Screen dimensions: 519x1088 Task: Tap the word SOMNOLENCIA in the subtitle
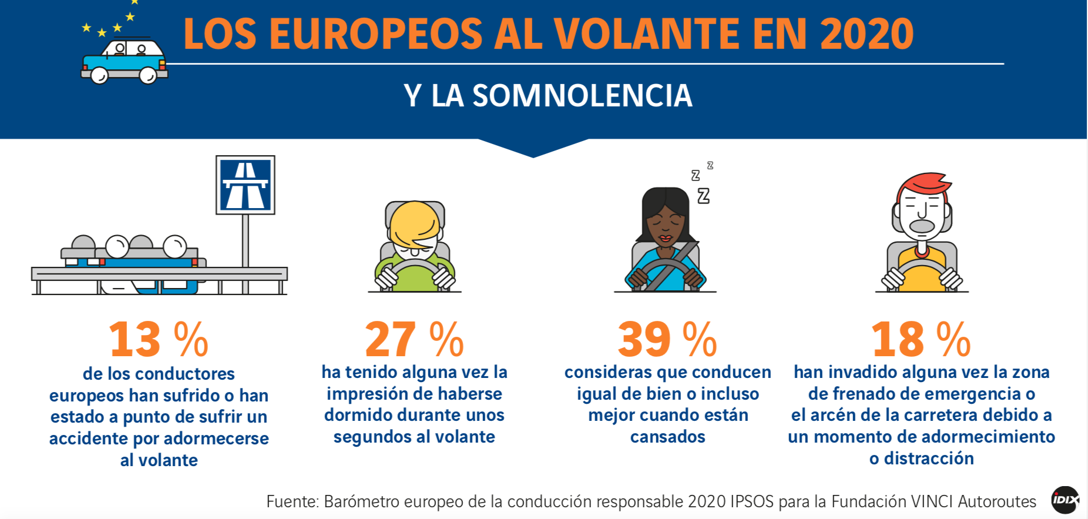click(x=582, y=96)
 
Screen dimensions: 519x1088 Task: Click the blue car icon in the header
click(x=124, y=62)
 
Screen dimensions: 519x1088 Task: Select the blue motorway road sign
click(x=246, y=185)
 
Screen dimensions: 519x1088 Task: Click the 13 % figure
click(x=159, y=340)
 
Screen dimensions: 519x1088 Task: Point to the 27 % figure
click(x=414, y=340)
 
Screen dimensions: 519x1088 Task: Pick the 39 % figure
click(x=667, y=340)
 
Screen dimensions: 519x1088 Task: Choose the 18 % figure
click(x=921, y=340)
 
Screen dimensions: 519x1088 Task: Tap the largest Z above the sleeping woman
click(x=703, y=196)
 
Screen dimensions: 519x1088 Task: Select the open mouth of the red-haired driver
click(x=922, y=226)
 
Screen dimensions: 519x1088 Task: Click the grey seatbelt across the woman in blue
click(x=671, y=267)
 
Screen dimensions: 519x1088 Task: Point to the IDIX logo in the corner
click(x=1065, y=500)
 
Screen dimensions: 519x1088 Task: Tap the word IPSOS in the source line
click(x=752, y=501)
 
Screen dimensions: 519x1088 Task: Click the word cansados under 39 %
click(x=667, y=437)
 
